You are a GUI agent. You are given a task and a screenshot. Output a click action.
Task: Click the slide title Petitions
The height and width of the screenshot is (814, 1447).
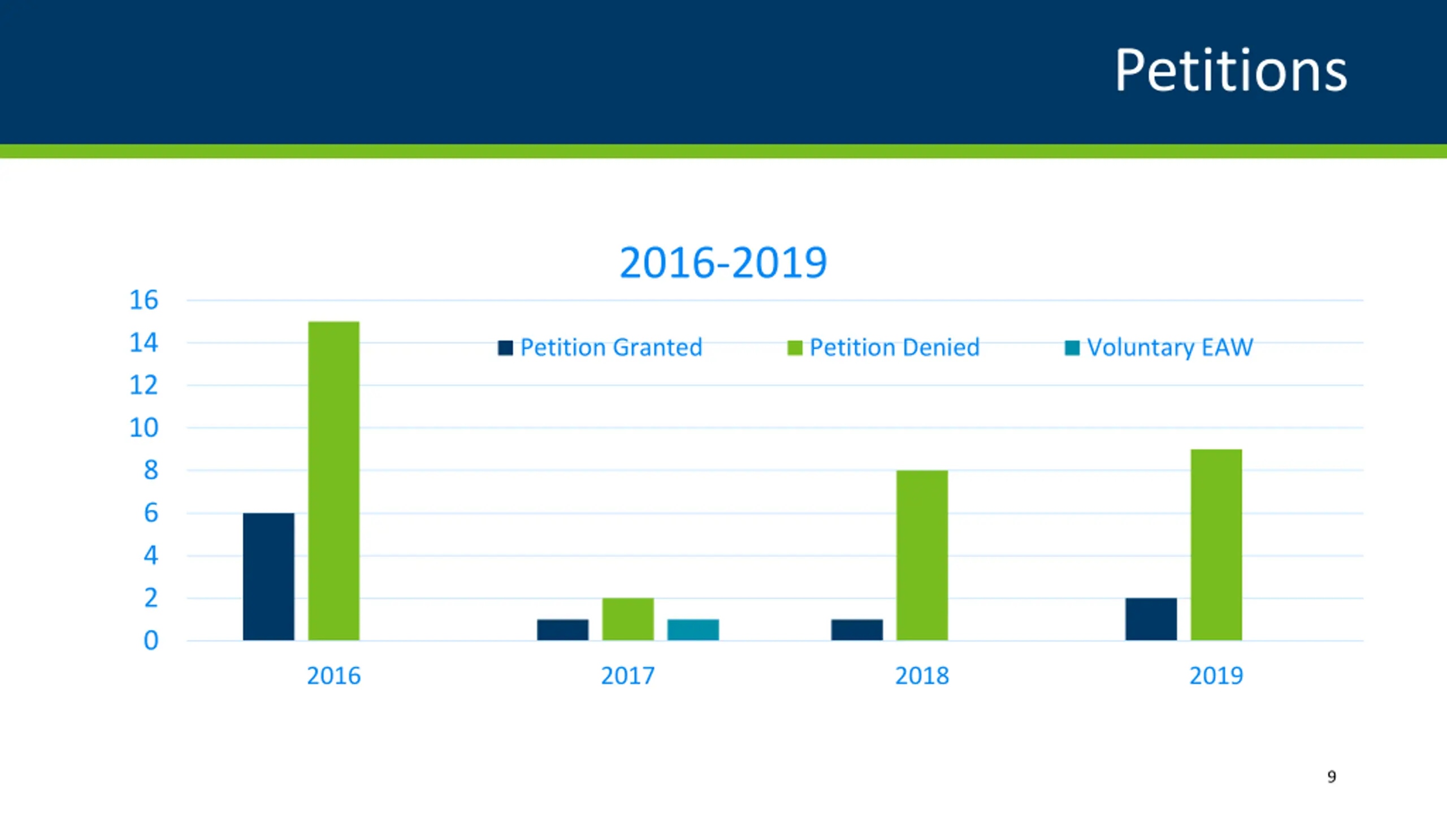pos(1230,71)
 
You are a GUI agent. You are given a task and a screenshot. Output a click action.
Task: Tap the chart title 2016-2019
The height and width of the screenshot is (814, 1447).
pos(723,263)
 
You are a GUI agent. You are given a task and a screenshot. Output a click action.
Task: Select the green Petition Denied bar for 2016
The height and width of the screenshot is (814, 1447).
pos(333,480)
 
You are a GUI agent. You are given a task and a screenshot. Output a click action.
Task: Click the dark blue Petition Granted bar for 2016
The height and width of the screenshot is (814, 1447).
pos(268,577)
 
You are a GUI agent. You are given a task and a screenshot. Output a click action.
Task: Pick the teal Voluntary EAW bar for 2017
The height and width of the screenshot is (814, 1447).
pos(693,630)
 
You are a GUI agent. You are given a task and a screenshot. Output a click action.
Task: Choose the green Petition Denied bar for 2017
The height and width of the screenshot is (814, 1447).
pos(627,619)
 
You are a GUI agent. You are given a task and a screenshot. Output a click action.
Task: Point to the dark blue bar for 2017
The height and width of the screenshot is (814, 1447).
pos(562,630)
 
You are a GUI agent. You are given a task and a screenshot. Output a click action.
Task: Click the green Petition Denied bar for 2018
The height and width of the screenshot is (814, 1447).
pos(922,555)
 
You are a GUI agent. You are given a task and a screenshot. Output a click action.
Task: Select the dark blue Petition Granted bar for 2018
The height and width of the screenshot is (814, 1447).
pos(857,630)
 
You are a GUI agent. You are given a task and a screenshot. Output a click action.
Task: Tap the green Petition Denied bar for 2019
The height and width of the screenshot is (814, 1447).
pos(1216,544)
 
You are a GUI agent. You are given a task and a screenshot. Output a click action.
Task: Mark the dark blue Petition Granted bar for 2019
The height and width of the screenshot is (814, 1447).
pos(1151,619)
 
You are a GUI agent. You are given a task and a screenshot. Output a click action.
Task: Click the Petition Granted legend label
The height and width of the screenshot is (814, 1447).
pos(610,347)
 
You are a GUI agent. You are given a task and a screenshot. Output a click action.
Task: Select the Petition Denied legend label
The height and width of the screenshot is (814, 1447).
pos(894,347)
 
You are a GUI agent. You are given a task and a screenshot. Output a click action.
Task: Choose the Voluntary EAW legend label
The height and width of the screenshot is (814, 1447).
pos(1169,347)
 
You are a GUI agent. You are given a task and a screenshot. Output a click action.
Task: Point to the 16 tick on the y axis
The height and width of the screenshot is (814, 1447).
pos(144,300)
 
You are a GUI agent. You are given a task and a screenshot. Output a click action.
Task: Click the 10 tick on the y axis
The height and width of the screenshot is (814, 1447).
pos(144,428)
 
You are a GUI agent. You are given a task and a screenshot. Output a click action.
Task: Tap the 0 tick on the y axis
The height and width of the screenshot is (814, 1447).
pos(151,641)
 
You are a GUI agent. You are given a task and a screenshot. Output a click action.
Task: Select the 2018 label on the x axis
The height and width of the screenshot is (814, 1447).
pos(922,676)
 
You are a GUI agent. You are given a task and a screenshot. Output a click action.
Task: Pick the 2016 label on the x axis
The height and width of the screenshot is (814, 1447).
pos(333,676)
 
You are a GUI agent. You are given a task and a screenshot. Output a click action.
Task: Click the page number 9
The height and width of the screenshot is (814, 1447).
pos(1332,777)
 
